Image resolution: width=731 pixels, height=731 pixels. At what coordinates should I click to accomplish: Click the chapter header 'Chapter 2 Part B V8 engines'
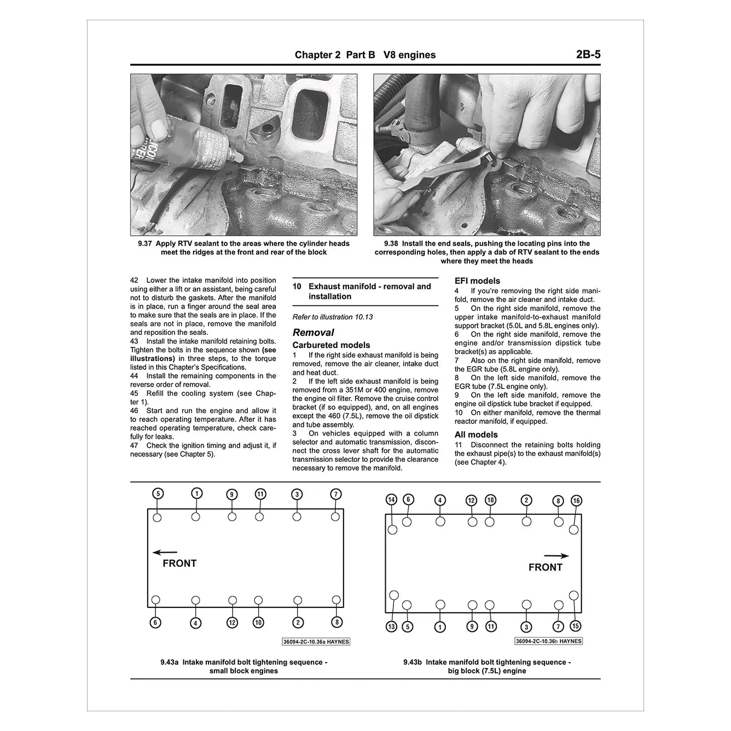point(365,55)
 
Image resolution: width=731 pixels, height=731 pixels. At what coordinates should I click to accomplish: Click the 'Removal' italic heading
point(313,332)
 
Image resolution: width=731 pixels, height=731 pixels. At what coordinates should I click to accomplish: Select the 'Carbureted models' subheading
point(331,345)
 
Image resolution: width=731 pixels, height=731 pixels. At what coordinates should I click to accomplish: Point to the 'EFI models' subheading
point(477,281)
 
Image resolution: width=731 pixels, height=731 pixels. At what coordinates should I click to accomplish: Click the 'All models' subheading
point(476,434)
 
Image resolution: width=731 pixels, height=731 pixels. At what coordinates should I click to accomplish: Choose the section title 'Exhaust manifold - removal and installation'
point(369,291)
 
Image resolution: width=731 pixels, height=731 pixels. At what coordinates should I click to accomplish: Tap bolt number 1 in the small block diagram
point(196,494)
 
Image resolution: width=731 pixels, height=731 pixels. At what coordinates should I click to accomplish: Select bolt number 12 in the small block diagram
point(232,622)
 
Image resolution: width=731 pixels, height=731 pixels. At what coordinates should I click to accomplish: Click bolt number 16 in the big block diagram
point(576,501)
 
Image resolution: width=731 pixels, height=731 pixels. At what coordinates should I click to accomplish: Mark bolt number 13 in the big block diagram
point(391,626)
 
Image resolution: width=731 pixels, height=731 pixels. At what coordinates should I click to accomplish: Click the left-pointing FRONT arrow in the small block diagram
point(165,553)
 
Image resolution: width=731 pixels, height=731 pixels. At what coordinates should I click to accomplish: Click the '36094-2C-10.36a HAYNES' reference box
point(316,642)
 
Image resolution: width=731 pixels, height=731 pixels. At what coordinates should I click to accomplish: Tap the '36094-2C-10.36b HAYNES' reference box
point(548,641)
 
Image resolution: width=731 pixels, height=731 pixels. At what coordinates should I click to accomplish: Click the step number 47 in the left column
point(134,445)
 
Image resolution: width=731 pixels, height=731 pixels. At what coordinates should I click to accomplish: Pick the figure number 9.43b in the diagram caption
point(413,662)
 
